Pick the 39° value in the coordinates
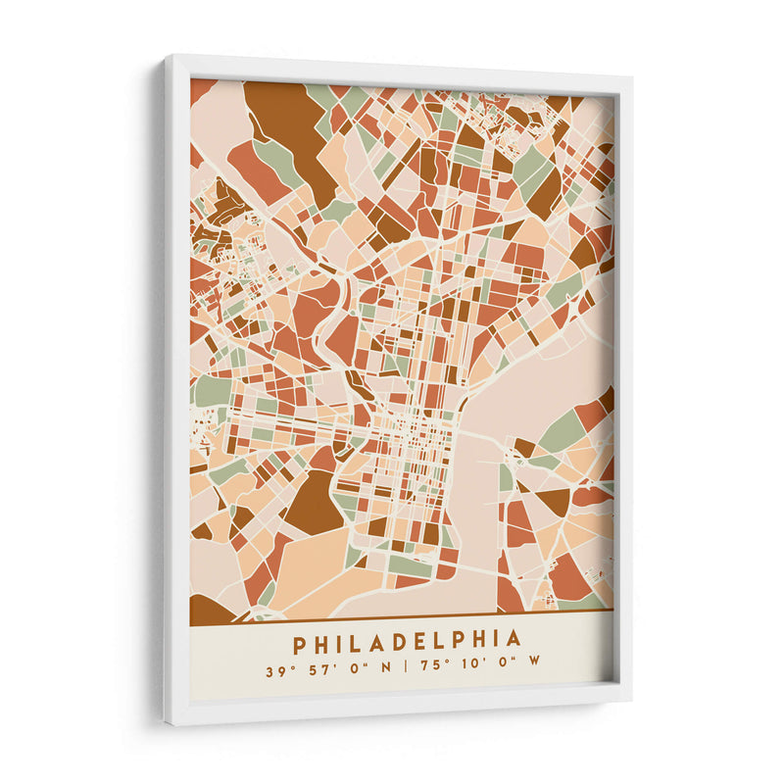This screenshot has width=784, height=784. coord(276,672)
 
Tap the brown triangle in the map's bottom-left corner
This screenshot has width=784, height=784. coord(208,611)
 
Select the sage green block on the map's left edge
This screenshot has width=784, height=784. coord(211,390)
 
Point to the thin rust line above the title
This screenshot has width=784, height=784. coord(402,617)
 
